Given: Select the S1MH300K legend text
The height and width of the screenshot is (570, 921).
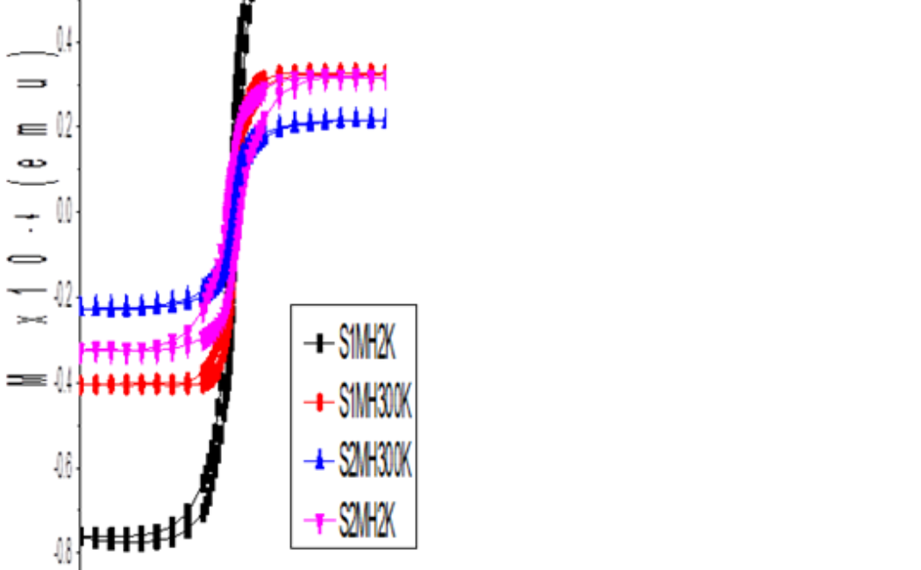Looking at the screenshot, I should pos(375,403).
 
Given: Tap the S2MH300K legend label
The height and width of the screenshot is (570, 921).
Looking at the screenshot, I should pos(375,463).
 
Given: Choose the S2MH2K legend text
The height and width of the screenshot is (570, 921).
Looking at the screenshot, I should pos(368,523).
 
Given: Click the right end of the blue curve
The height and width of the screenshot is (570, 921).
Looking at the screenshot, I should pos(384,118).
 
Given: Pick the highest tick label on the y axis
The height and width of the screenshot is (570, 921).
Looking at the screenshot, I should pos(64,39).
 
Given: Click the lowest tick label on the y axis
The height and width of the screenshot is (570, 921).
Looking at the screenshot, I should pos(64,551).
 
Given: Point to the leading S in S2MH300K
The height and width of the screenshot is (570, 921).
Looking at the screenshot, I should pos(344,463).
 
